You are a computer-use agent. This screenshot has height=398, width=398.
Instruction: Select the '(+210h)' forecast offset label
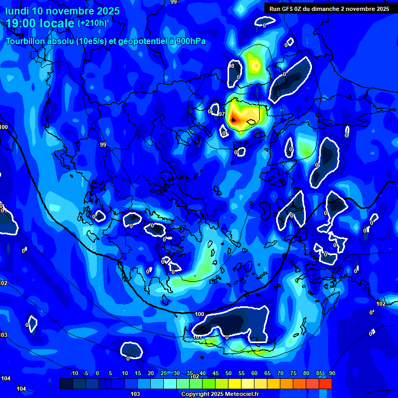[x=92, y=23]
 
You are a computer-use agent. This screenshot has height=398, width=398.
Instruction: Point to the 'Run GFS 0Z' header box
[x=329, y=8]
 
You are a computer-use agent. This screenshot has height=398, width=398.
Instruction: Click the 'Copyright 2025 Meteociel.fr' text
[x=220, y=394]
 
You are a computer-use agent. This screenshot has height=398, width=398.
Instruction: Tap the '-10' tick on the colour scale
[x=74, y=373]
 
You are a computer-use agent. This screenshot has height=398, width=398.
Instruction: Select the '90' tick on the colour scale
[x=332, y=373]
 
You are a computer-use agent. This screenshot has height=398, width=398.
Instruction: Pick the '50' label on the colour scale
[x=229, y=373]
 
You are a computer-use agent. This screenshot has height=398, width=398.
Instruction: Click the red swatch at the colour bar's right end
[x=325, y=383]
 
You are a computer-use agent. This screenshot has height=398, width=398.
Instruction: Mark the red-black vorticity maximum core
[x=234, y=120]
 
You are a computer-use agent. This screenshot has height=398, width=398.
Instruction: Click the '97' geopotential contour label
[x=221, y=114]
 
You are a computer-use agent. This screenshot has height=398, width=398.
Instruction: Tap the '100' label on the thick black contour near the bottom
[x=200, y=314]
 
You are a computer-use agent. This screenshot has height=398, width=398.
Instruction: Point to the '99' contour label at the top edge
[x=174, y=2]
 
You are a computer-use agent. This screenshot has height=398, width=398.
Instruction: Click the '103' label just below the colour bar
[x=135, y=394]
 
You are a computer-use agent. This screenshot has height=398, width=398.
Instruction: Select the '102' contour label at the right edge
[x=381, y=304]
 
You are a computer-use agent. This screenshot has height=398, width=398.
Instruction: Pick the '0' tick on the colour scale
[x=97, y=373]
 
